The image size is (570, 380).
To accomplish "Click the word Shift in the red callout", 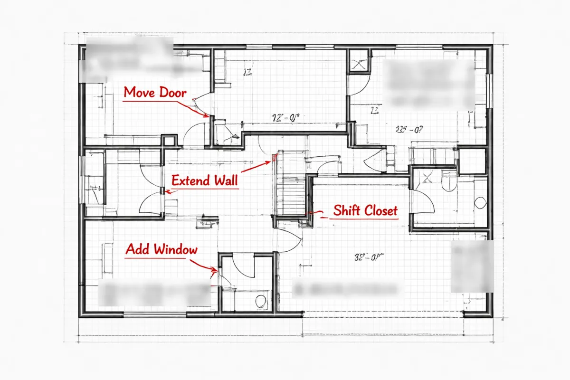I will (x=346, y=210).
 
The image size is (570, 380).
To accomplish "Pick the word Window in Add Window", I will (x=176, y=249).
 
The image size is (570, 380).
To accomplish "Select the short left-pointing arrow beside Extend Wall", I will (x=169, y=191).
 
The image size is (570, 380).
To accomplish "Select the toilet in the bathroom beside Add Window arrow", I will (x=260, y=300).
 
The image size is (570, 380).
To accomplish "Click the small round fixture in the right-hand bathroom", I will (x=480, y=203).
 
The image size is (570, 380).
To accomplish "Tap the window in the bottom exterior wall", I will (x=145, y=315).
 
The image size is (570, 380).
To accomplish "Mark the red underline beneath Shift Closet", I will (x=365, y=219).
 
